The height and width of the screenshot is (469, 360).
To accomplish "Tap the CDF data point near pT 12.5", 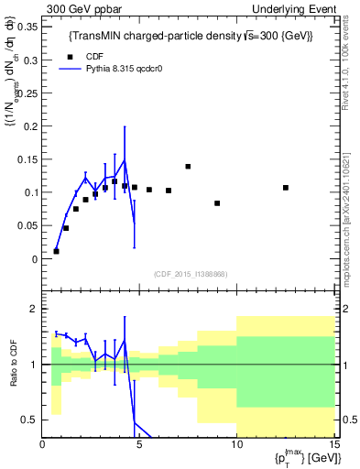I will point(286,188).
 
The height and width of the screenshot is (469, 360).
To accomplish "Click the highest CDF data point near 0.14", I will point(188,167).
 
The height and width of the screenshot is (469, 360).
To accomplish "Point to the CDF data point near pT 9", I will point(217,203).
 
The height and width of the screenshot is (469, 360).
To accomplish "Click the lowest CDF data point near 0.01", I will point(56,251).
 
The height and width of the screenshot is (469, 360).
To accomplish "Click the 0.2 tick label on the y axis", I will point(28,126).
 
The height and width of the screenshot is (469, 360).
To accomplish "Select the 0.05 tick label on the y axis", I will point(26,226).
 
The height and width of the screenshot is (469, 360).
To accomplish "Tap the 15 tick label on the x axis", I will point(333,444).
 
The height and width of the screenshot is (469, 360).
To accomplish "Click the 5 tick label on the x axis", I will point(139,444).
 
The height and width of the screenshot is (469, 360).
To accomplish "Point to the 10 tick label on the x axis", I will point(236,444).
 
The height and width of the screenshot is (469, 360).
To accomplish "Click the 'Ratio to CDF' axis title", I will point(11,364).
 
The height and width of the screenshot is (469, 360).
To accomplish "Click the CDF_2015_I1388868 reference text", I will point(190,274).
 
